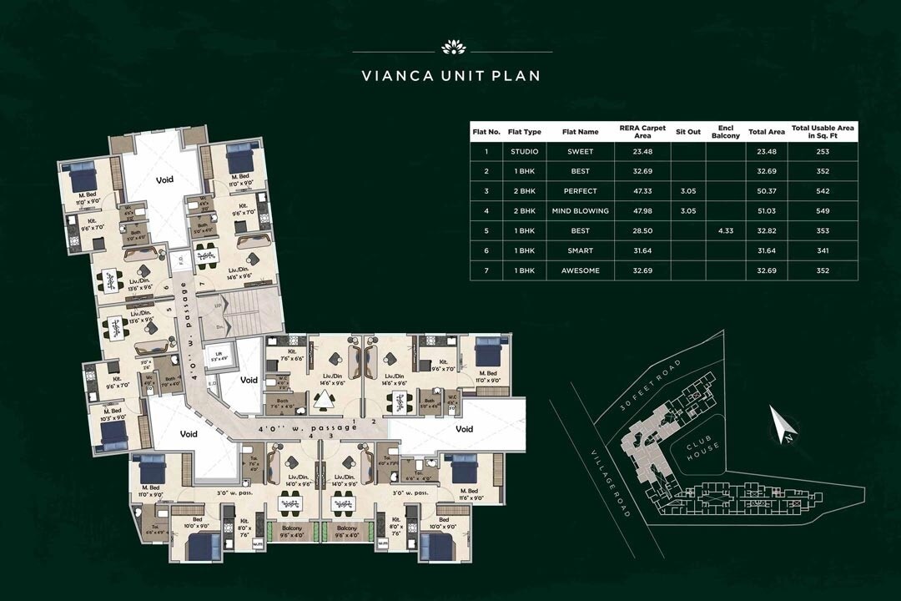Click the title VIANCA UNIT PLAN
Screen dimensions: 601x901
(450, 76)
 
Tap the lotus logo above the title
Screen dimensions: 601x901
(450, 47)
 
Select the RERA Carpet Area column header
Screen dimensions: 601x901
(642, 131)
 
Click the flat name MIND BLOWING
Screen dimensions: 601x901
(580, 210)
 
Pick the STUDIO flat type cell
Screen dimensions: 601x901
(525, 151)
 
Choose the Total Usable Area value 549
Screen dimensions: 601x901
(823, 210)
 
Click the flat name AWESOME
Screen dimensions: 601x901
(580, 270)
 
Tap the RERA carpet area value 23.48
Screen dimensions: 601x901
(642, 151)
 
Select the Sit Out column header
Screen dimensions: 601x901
(687, 131)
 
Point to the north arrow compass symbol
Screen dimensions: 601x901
(783, 425)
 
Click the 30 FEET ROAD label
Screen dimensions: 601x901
(653, 385)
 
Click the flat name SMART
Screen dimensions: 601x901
(580, 250)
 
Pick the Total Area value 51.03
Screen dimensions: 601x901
(766, 210)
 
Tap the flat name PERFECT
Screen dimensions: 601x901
(580, 190)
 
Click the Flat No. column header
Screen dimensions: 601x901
(486, 131)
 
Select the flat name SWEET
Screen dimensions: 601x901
(580, 151)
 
